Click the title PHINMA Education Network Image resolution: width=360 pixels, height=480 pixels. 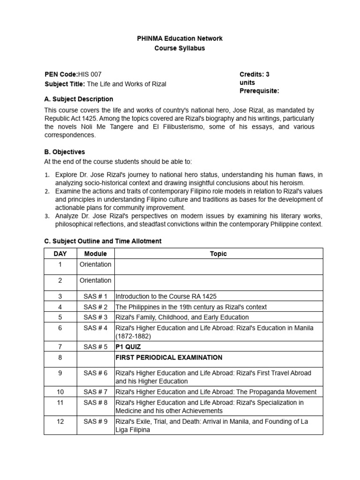(x=180, y=38)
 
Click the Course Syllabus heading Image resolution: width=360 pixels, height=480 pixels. (x=180, y=48)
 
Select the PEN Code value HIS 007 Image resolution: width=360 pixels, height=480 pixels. (x=89, y=74)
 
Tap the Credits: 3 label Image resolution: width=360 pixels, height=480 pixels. (x=254, y=74)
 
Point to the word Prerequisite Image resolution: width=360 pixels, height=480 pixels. (x=259, y=90)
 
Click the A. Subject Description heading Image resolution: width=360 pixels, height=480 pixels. (x=78, y=99)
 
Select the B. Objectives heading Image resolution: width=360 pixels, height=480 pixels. (x=65, y=152)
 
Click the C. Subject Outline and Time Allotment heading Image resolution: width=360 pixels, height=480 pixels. (x=103, y=241)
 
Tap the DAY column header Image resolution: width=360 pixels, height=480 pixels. (x=60, y=254)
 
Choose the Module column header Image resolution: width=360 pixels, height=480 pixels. (x=96, y=254)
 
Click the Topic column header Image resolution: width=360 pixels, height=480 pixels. (x=218, y=254)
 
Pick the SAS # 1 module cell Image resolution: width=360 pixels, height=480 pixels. (x=96, y=296)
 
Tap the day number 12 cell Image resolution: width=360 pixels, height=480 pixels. (x=60, y=421)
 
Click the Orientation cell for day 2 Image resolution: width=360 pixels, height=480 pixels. (x=96, y=280)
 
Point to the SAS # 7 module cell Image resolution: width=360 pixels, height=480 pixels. (x=96, y=392)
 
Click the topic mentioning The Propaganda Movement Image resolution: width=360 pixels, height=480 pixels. (x=216, y=392)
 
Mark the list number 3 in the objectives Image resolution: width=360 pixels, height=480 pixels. (x=47, y=216)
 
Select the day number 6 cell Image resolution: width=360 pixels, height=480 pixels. (x=60, y=328)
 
